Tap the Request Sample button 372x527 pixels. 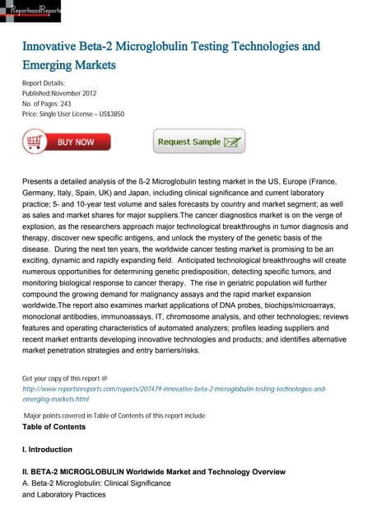(198, 142)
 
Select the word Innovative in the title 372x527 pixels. (53, 46)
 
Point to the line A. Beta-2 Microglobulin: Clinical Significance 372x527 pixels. (96, 483)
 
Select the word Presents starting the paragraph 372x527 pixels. (42, 180)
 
